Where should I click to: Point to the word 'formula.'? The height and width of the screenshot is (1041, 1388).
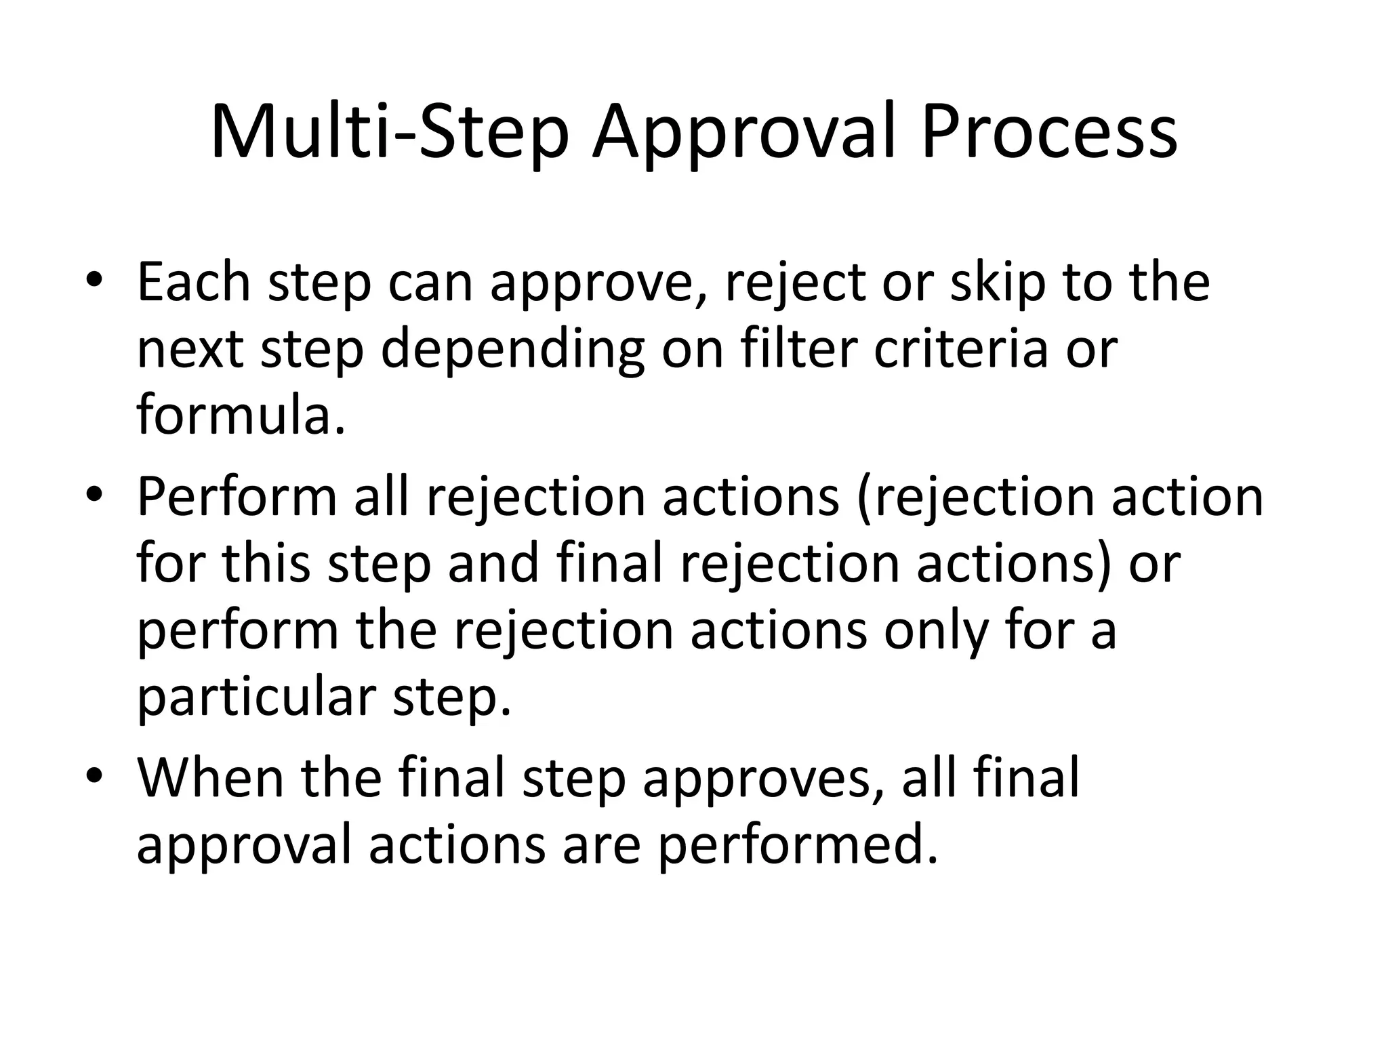[241, 414]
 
